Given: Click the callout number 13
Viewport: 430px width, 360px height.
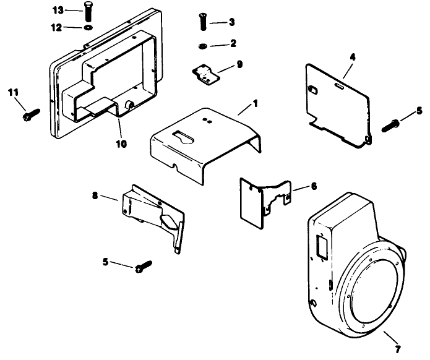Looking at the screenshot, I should pos(58,11).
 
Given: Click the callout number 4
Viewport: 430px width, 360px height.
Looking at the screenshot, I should pos(352,57).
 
